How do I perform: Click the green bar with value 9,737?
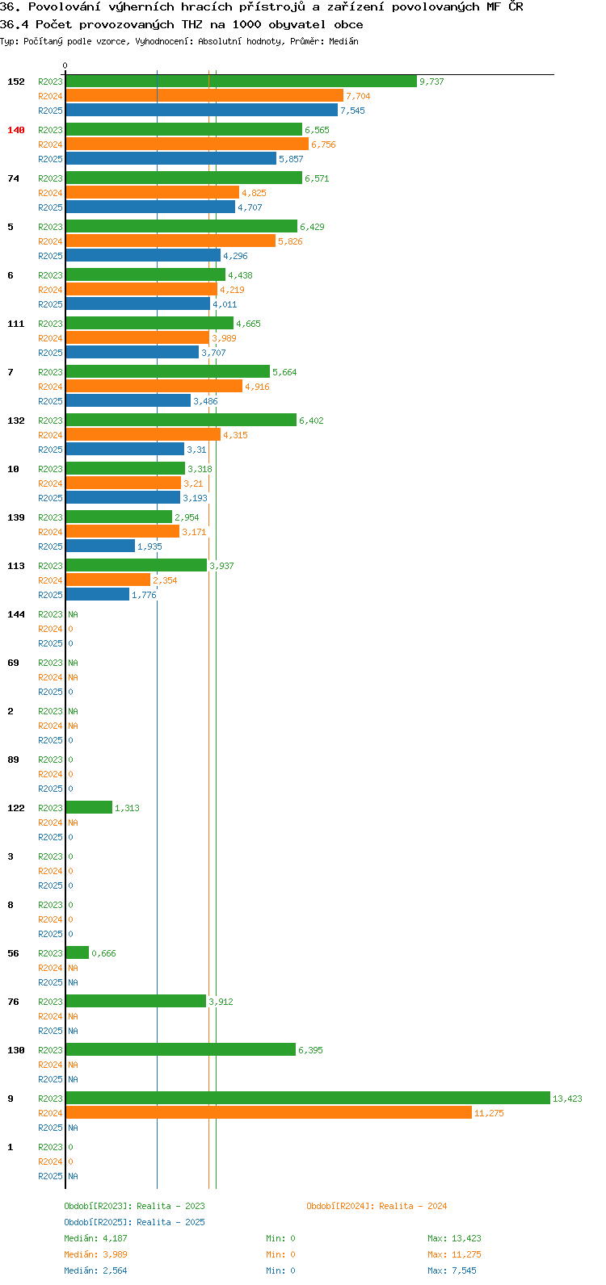click(x=242, y=82)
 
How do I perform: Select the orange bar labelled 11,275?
click(x=269, y=1113)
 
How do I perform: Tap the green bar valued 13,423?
click(x=308, y=1098)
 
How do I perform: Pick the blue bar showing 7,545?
click(x=202, y=110)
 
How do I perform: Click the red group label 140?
click(x=16, y=130)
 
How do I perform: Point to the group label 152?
click(x=16, y=82)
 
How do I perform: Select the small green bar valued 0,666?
click(x=78, y=952)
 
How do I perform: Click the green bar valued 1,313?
click(x=89, y=808)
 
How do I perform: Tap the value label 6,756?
click(x=323, y=144)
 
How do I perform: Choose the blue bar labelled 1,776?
click(x=98, y=594)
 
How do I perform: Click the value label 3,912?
click(x=221, y=1002)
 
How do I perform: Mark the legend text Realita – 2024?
click(x=413, y=1206)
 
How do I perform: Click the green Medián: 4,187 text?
click(x=95, y=1238)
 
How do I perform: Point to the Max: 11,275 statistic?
click(x=454, y=1254)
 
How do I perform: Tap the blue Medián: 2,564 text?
click(x=95, y=1270)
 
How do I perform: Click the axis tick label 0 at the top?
click(x=65, y=65)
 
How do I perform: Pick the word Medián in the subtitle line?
click(x=343, y=41)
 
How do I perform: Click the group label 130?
click(x=16, y=1050)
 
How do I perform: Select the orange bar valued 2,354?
click(x=108, y=580)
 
